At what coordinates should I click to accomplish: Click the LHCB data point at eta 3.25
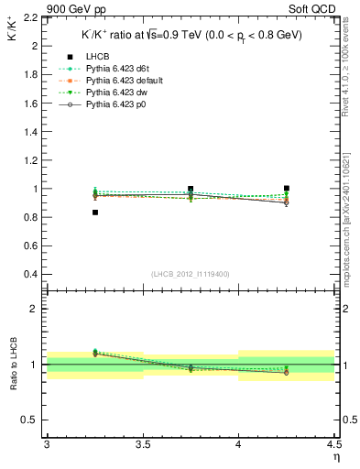(94, 213)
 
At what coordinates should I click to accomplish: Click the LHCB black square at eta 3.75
(191, 189)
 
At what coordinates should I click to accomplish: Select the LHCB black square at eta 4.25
(287, 188)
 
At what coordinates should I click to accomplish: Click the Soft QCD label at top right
(316, 9)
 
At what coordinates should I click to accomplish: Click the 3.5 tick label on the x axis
(142, 444)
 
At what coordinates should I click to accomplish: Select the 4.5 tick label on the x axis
(333, 444)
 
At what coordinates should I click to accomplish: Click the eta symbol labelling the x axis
(336, 457)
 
